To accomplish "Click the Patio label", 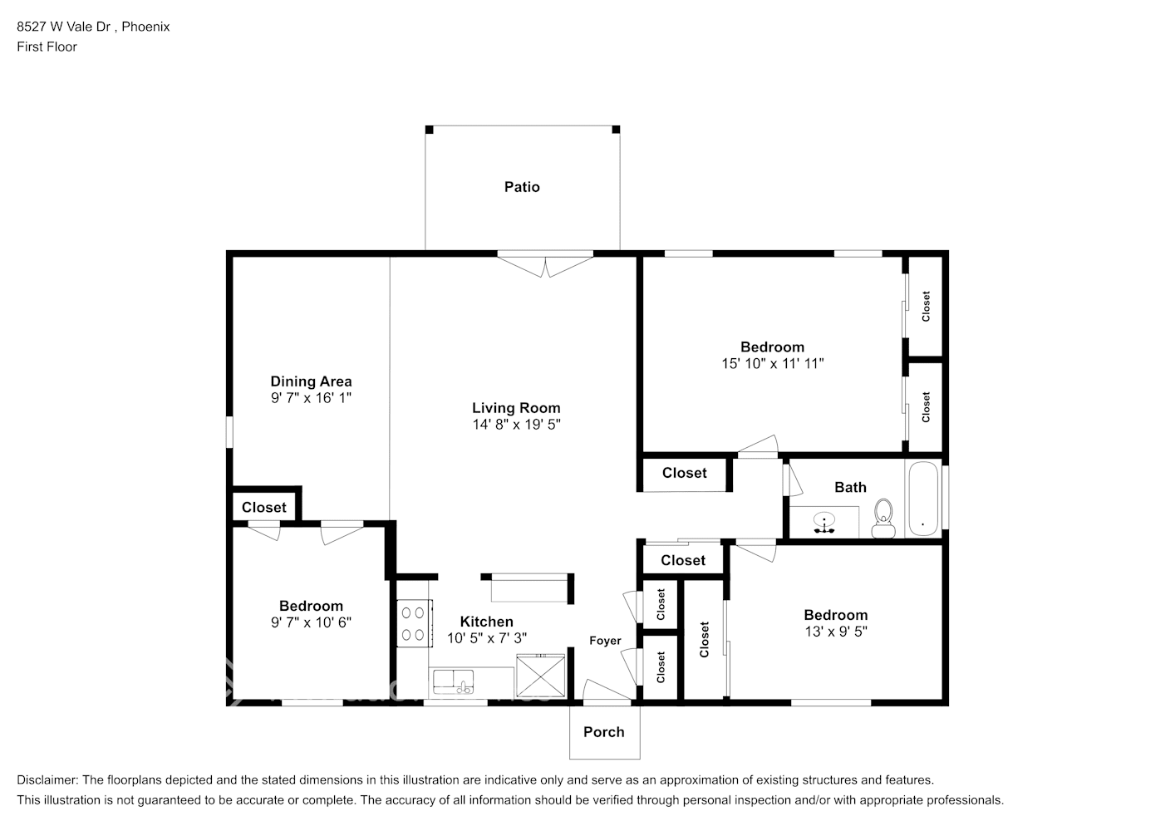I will [x=522, y=187].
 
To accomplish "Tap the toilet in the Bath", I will [x=882, y=519].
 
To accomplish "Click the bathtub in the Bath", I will [x=922, y=499].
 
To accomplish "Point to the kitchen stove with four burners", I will [x=413, y=623].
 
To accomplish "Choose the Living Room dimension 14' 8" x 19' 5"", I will [x=516, y=425].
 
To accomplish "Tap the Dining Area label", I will [x=311, y=381].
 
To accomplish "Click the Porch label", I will [x=603, y=732].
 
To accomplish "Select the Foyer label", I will [x=605, y=641].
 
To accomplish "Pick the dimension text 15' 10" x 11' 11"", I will [x=772, y=363].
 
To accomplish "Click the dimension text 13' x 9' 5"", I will [x=835, y=632].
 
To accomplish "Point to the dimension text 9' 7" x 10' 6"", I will [x=311, y=622].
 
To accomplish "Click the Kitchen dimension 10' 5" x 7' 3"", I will [x=486, y=638].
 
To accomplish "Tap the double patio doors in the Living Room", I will [x=545, y=264].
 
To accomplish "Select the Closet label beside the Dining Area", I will [x=264, y=507].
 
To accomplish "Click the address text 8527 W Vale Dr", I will [x=65, y=27].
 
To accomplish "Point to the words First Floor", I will [x=47, y=47].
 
